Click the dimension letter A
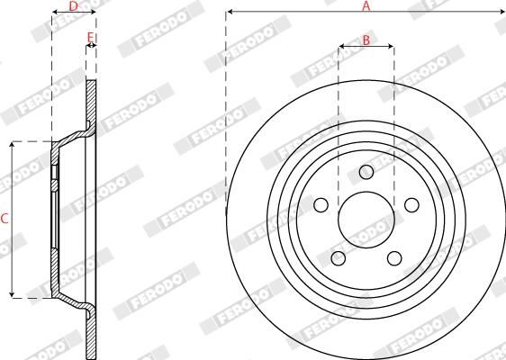point(366,5)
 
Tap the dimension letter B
point(366,39)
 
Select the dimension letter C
point(5,219)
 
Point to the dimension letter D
point(73,6)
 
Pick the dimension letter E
point(90,37)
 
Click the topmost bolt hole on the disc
point(366,172)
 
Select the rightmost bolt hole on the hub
point(411,206)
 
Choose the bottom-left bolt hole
point(339,259)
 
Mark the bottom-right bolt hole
point(393,259)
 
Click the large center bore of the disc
point(366,220)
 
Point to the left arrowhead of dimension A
point(230,13)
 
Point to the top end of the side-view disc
point(91,82)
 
